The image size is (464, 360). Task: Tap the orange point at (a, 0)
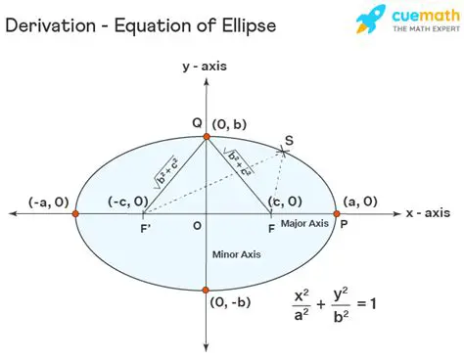[337, 212]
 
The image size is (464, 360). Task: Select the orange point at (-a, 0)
[75, 212]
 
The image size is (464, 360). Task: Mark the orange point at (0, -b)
[206, 290]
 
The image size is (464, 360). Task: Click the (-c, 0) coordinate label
[127, 202]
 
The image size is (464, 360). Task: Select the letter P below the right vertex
[342, 224]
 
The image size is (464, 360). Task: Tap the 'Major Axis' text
[305, 224]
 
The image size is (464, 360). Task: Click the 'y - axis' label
[205, 67]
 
